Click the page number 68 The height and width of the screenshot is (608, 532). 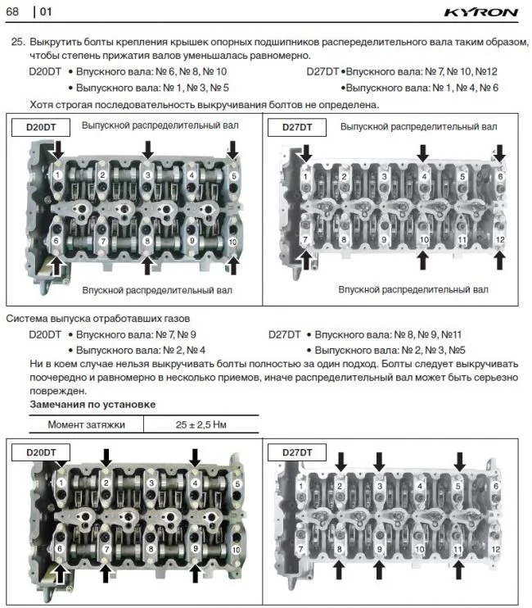tap(14, 11)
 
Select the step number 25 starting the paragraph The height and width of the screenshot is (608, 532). tap(16, 42)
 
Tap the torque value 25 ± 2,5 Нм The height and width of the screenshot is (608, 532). tap(200, 424)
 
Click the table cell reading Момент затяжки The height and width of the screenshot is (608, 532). tap(86, 424)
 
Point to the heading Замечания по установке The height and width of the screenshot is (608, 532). tap(92, 405)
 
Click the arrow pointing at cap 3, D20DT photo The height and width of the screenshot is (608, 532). tap(147, 148)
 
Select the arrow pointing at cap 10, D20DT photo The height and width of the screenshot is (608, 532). tap(233, 262)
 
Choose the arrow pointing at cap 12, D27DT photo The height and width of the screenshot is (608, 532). tap(499, 260)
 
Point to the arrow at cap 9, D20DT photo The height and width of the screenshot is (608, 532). tap(195, 574)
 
